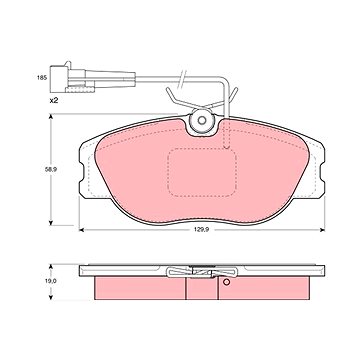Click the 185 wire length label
tap(41, 78)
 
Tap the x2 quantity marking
tap(54, 100)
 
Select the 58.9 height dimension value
tap(51, 169)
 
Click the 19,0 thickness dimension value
tap(51, 281)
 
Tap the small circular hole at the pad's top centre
tap(202, 120)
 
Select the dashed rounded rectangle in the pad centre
tap(202, 173)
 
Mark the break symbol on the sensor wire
tap(182, 79)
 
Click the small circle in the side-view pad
tap(227, 282)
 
